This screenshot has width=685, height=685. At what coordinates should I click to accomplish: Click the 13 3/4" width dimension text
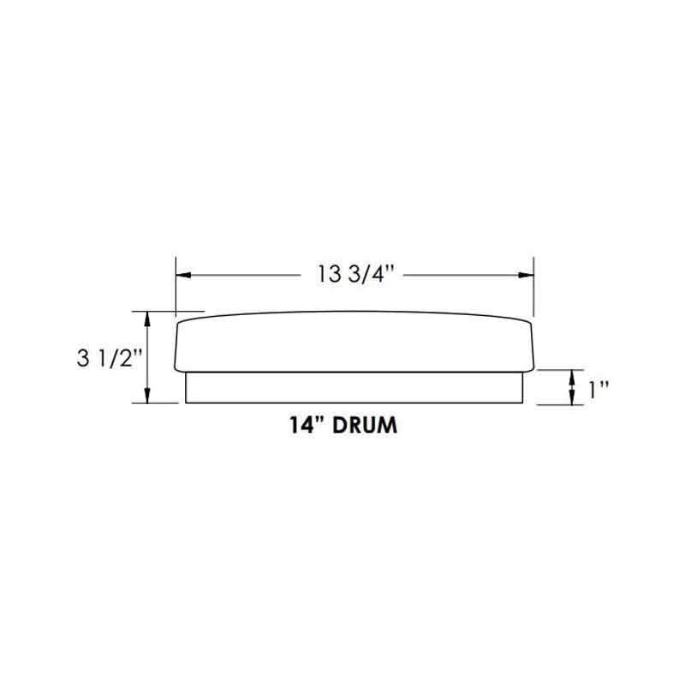pyautogui.click(x=354, y=275)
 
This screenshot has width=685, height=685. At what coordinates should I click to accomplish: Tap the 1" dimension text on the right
pyautogui.click(x=598, y=389)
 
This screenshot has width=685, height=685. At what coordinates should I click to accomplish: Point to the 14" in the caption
pyautogui.click(x=307, y=426)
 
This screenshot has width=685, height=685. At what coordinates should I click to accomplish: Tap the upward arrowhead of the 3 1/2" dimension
pyautogui.click(x=149, y=317)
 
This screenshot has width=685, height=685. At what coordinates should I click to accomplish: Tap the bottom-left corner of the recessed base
pyautogui.click(x=187, y=402)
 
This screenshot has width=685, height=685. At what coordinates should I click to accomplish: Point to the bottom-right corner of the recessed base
pyautogui.click(x=523, y=402)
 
